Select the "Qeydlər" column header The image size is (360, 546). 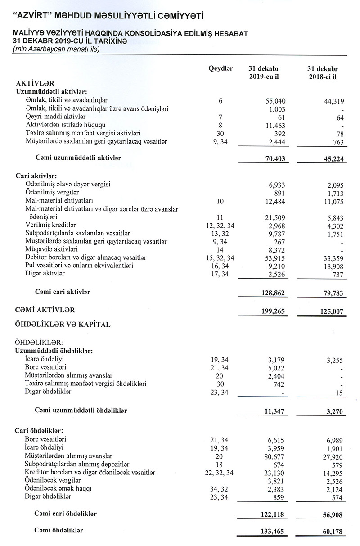(220, 69)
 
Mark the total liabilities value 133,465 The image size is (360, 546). (274, 531)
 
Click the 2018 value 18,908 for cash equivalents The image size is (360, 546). (332, 266)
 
